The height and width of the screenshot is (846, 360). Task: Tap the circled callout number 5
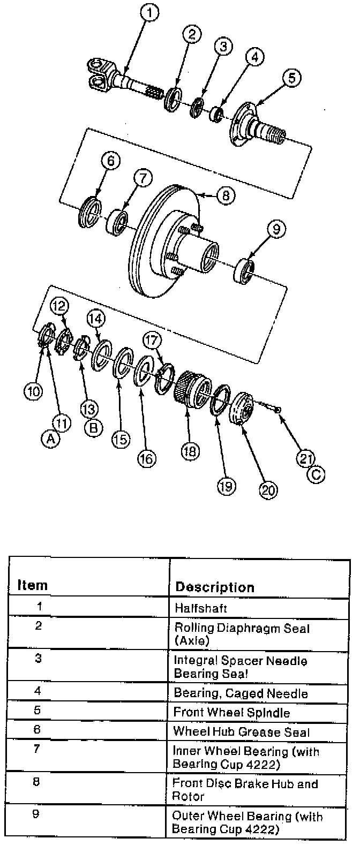(291, 79)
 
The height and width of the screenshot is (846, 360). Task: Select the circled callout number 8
(226, 196)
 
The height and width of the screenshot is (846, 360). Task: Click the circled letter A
(50, 439)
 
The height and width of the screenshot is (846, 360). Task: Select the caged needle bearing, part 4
(216, 114)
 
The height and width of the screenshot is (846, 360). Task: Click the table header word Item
(32, 585)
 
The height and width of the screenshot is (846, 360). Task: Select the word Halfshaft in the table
(200, 608)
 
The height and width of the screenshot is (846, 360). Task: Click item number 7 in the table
(36, 748)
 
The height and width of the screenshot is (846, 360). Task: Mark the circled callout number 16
(146, 458)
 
